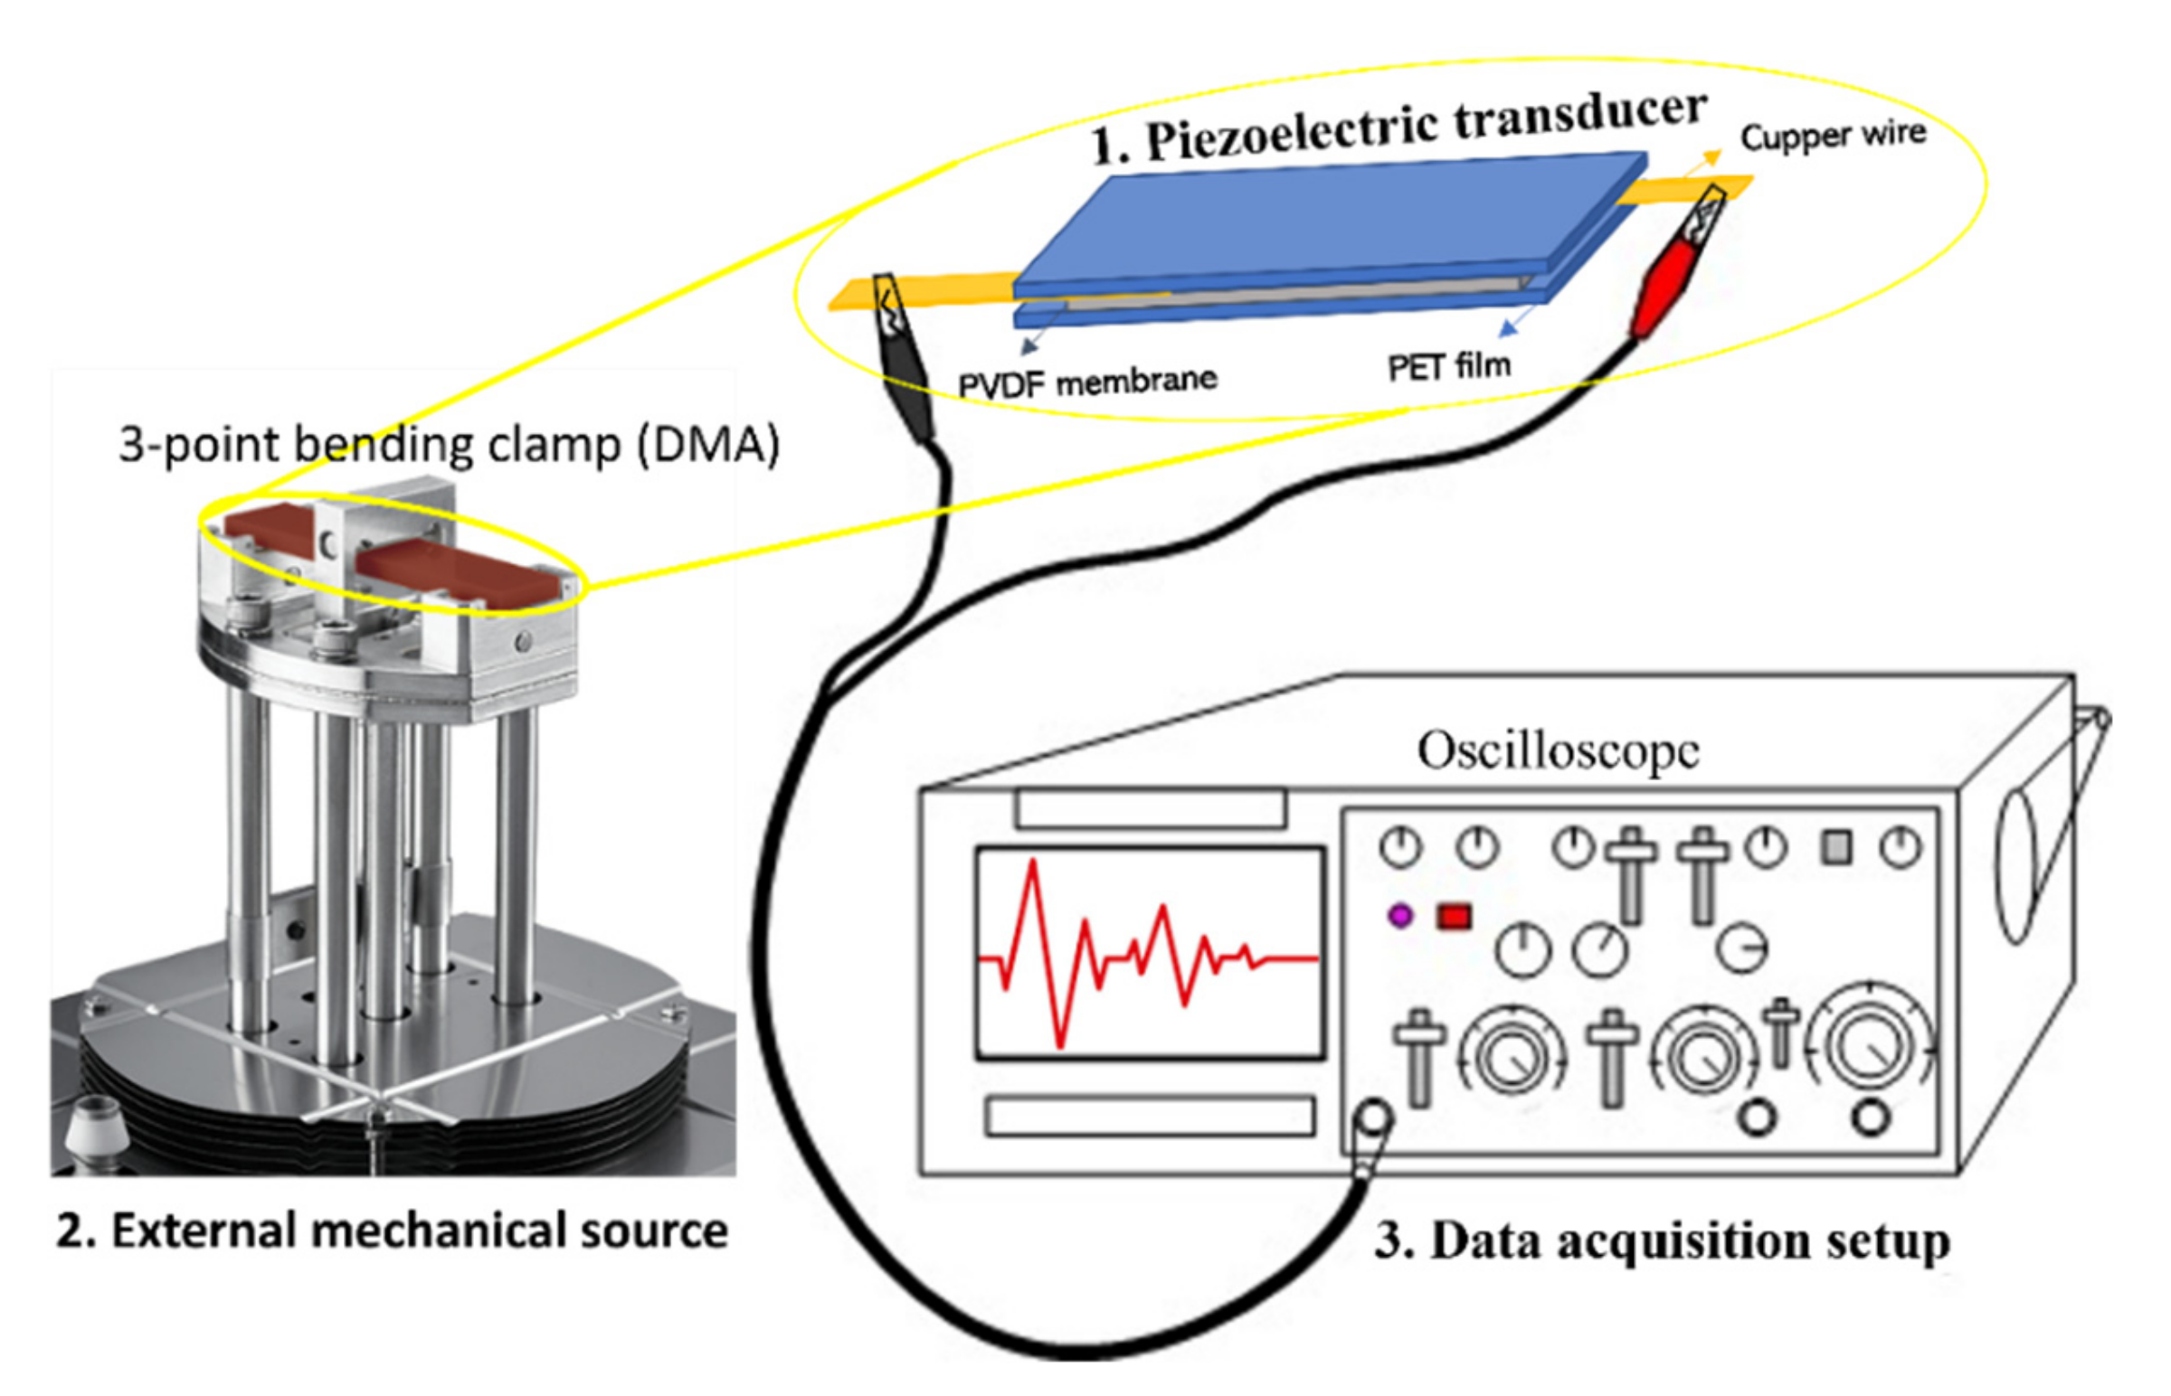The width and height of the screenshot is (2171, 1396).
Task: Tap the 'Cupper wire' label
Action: (1832, 136)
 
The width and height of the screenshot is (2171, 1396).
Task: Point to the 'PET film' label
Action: (1448, 366)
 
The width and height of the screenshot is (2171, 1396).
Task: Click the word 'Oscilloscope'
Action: (1557, 751)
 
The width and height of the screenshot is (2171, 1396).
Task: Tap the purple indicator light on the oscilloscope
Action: (1400, 916)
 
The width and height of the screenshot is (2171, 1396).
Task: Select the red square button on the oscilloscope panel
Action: (1454, 917)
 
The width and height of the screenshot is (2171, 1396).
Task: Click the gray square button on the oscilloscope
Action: (1836, 848)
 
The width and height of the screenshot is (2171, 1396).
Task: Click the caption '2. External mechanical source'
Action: (392, 1232)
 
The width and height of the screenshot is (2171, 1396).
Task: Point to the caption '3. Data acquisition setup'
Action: (1662, 1241)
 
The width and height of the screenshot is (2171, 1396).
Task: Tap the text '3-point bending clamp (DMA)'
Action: (449, 444)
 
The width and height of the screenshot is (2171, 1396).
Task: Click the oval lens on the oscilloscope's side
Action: (2017, 865)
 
